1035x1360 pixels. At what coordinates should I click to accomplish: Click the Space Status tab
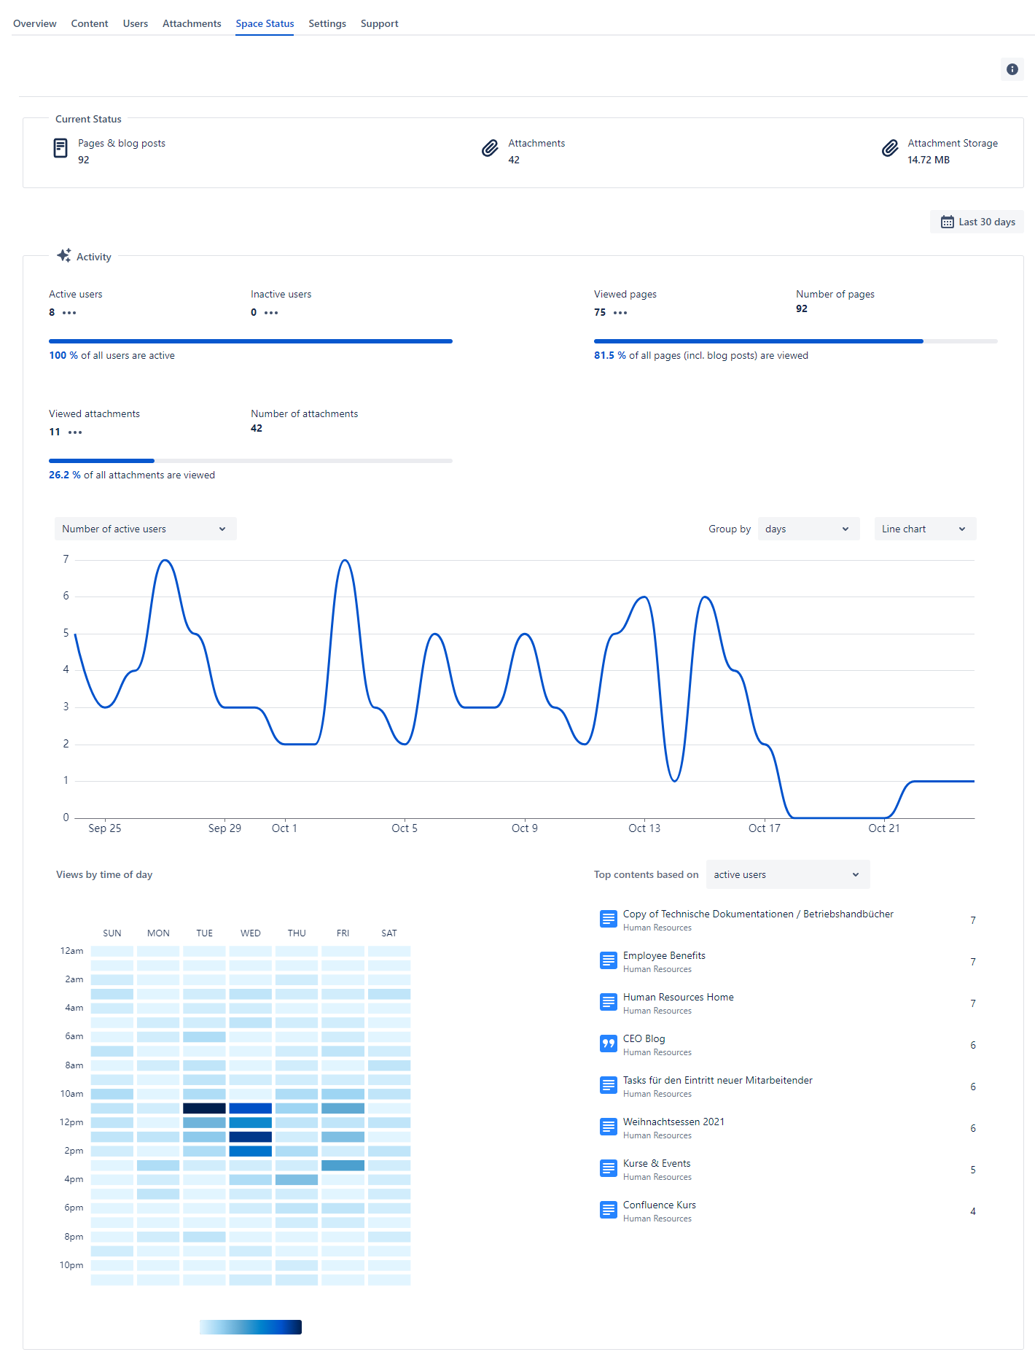point(265,23)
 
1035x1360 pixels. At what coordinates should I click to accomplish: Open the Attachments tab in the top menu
point(192,23)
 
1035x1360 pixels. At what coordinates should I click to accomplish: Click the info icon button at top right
point(1012,69)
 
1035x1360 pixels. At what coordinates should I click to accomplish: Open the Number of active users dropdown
point(145,529)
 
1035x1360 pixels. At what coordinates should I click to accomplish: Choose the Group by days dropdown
point(808,529)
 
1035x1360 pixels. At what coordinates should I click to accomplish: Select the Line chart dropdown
point(924,529)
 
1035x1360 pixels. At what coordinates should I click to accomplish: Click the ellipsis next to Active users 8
point(69,313)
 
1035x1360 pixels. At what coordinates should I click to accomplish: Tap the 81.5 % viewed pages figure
point(609,355)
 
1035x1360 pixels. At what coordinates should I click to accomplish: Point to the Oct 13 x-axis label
point(644,828)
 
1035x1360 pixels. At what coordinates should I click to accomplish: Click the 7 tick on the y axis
point(66,559)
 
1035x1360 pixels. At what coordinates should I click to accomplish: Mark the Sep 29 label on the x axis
point(224,828)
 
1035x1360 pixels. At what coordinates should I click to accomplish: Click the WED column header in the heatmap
point(251,933)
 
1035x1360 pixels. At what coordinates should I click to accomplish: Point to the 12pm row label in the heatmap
point(71,1122)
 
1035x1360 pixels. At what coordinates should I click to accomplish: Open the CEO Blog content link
point(644,1038)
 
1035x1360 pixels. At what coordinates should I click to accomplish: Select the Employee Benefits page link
point(664,955)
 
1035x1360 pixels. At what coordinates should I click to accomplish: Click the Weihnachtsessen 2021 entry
point(673,1122)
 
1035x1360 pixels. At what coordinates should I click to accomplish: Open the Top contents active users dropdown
point(787,874)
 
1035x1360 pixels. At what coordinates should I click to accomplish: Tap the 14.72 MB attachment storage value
point(928,160)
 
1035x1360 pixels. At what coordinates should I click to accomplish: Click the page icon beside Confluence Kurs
point(608,1210)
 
